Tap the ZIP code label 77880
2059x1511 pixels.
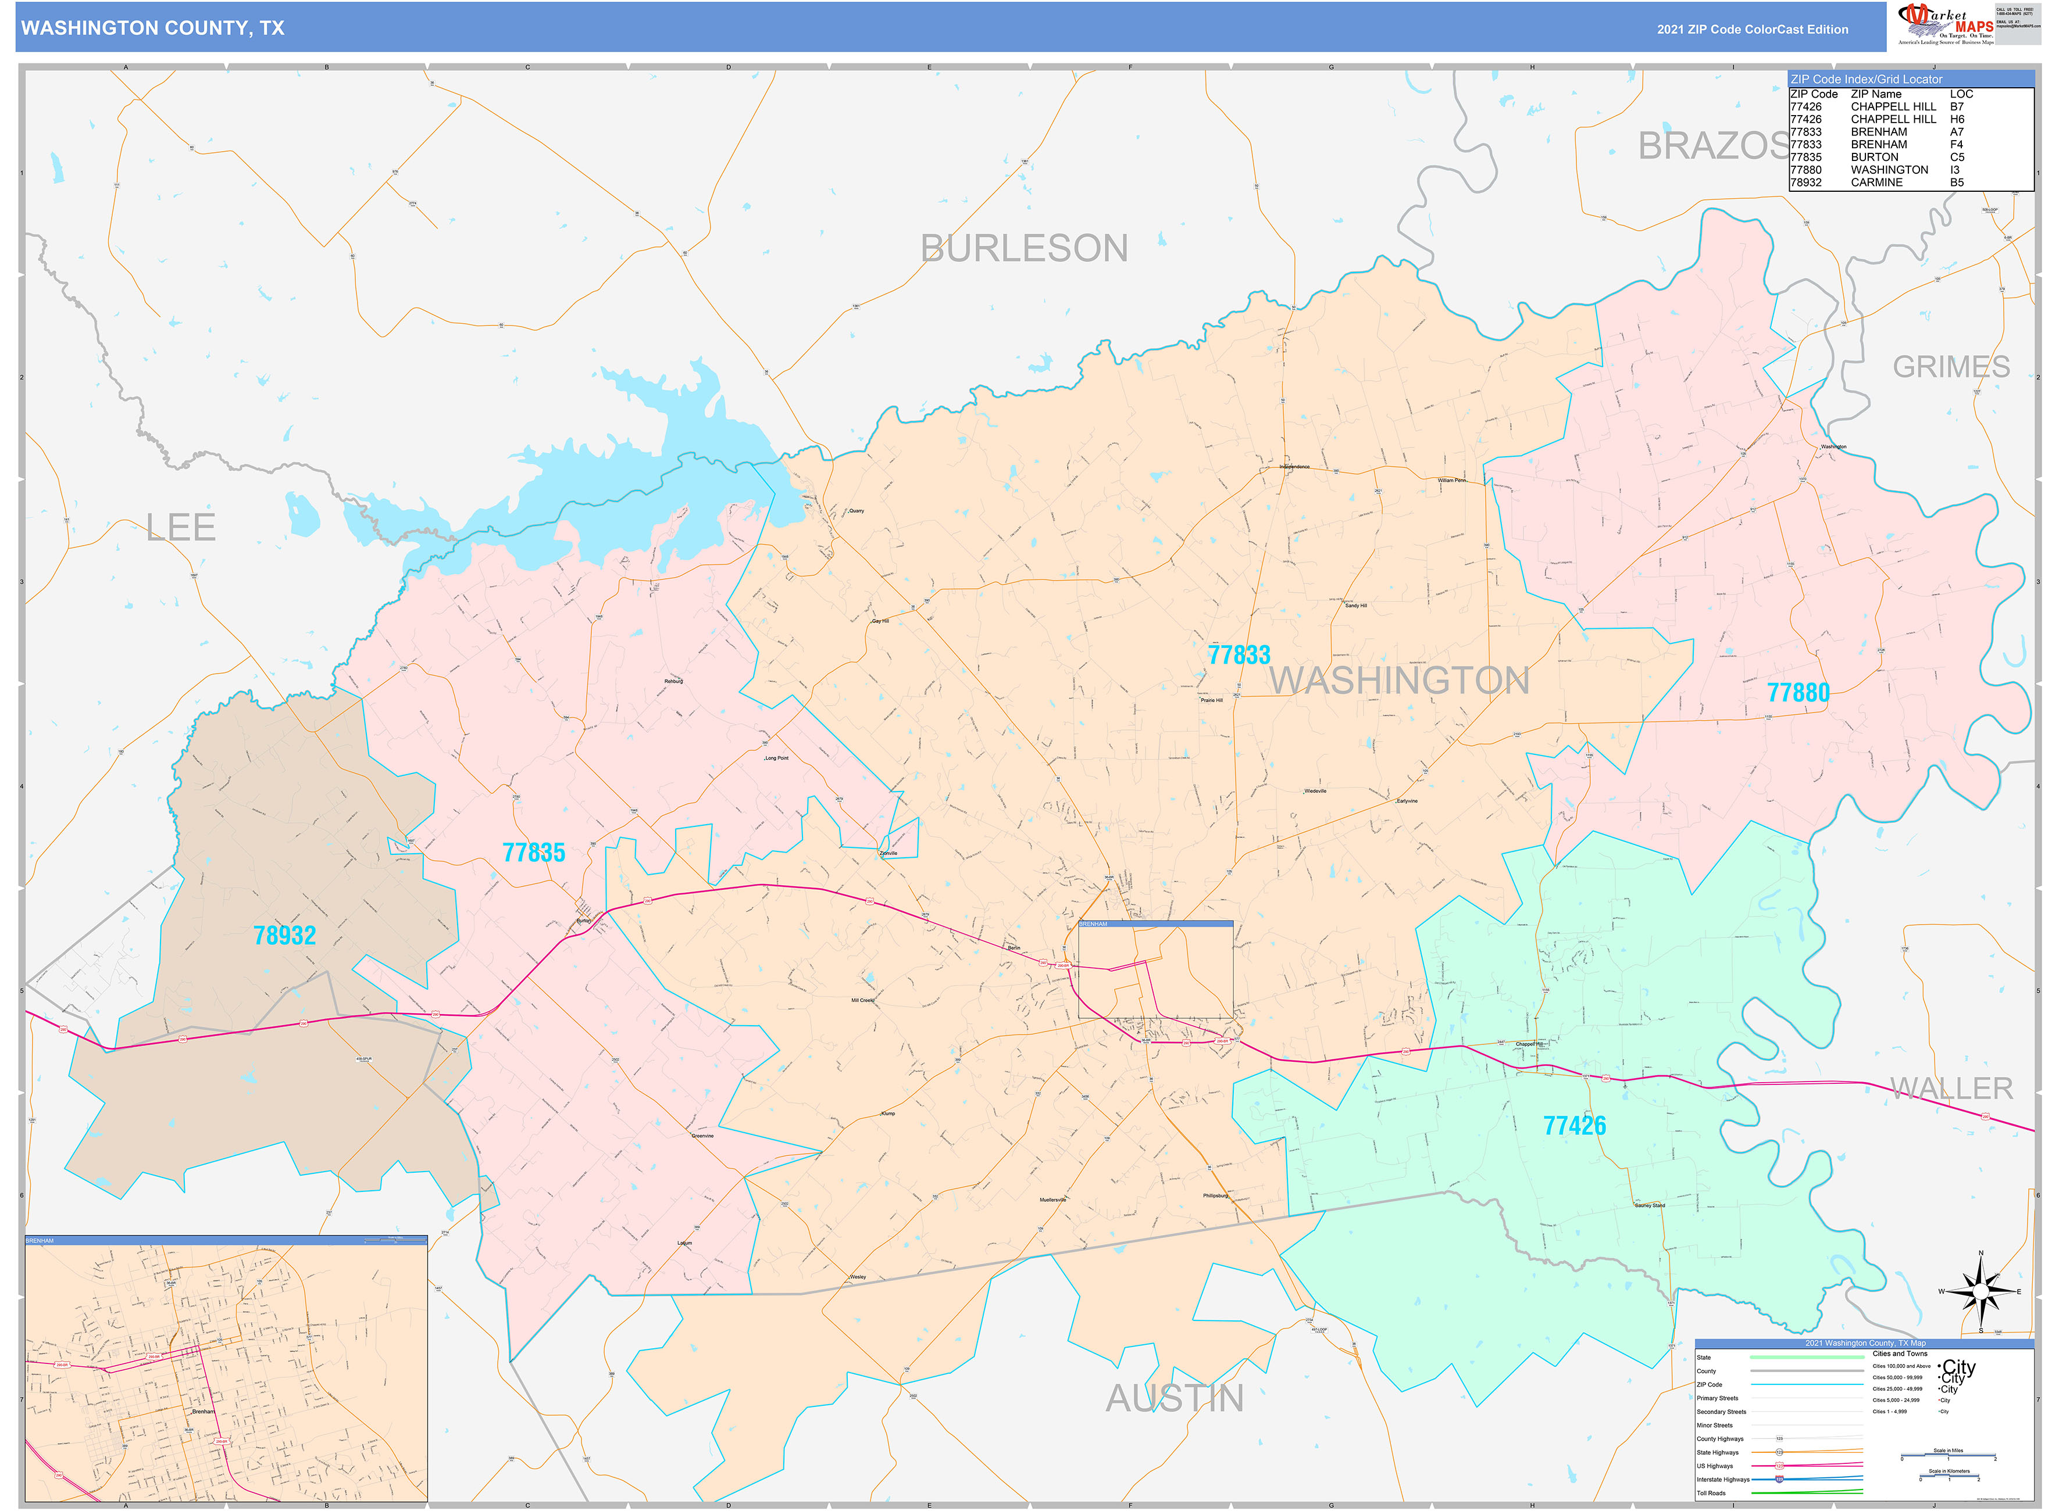pyautogui.click(x=1797, y=692)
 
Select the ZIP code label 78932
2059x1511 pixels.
pyautogui.click(x=284, y=934)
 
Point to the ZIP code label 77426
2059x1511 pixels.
pyautogui.click(x=1574, y=1125)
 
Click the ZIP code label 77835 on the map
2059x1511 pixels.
pyautogui.click(x=534, y=853)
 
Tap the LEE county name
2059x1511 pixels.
pyautogui.click(x=181, y=527)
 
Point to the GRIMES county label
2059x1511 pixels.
pyautogui.click(x=1950, y=367)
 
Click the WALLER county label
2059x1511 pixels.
pyautogui.click(x=1951, y=1087)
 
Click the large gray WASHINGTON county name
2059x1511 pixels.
pyautogui.click(x=1398, y=681)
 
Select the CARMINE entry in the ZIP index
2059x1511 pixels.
pyautogui.click(x=1876, y=182)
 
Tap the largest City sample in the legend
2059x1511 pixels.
pyautogui.click(x=1958, y=1366)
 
